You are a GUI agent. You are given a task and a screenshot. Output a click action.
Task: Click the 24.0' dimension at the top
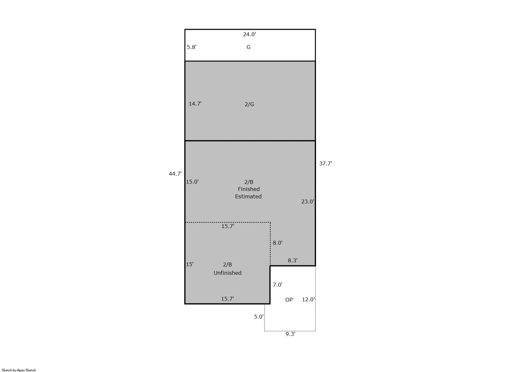point(250,34)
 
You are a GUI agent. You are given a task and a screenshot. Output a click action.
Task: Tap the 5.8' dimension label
point(192,47)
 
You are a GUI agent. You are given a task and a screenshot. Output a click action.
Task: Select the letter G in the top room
point(248,47)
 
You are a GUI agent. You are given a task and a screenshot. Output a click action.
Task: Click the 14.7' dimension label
point(195,104)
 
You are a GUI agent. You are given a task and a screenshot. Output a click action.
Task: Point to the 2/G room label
point(249,104)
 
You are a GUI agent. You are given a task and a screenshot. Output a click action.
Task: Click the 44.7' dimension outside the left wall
point(175,174)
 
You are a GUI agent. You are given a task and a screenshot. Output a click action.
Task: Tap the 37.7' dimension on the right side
point(326,163)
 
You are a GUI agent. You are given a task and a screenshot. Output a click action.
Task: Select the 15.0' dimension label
point(192,182)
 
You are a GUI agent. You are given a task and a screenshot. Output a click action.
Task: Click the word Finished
point(249,189)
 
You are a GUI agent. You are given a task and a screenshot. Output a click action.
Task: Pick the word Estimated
point(248,196)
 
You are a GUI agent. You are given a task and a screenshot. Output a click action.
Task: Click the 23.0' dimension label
point(308,202)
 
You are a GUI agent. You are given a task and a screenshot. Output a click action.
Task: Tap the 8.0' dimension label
point(278,243)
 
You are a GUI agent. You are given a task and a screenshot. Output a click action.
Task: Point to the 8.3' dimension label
point(292,260)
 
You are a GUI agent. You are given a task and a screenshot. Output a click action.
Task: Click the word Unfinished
point(227,273)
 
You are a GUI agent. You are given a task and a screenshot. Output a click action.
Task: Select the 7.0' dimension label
point(278,285)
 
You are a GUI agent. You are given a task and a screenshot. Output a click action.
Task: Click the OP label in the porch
point(289,300)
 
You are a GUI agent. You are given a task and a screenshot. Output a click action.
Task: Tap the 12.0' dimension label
point(308,300)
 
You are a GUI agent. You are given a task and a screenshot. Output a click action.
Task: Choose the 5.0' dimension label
point(259,317)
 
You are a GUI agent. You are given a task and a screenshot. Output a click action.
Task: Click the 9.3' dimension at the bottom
point(290,334)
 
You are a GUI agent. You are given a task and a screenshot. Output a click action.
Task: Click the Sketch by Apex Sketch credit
point(19,370)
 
